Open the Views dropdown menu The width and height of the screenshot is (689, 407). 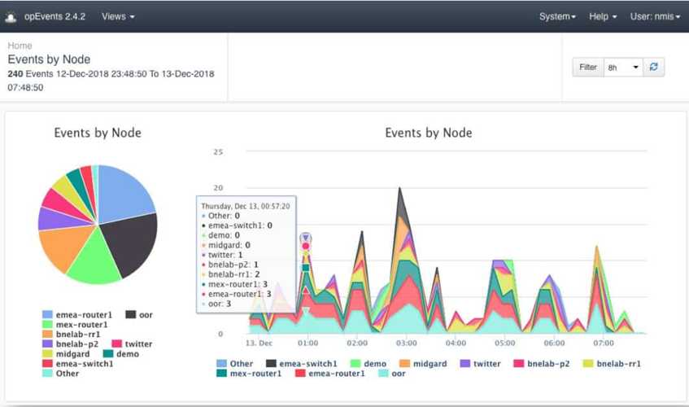[x=118, y=16]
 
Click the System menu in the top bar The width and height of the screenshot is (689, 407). [x=557, y=16]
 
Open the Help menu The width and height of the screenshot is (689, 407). [x=603, y=16]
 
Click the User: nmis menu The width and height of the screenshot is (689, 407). [x=654, y=16]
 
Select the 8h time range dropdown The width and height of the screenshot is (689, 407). [x=623, y=68]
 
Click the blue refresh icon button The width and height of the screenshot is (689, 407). [x=653, y=68]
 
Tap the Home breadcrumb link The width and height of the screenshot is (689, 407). [x=20, y=46]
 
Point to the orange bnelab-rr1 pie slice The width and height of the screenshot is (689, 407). [x=63, y=247]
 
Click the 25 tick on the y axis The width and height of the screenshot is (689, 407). [x=217, y=152]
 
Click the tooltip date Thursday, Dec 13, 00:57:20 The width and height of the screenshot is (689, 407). [x=246, y=207]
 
